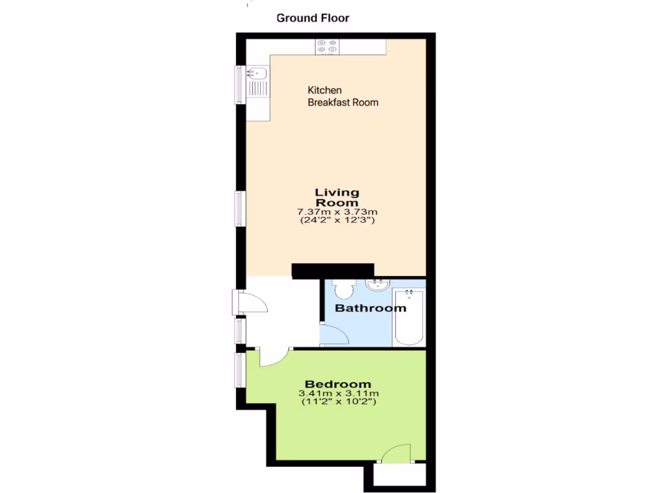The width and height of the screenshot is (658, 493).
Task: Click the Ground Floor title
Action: pos(313,18)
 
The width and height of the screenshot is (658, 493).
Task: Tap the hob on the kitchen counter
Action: pos(327,47)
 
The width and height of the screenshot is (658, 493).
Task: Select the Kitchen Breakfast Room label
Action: pos(342,96)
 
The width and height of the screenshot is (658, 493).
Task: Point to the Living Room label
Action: pos(337,197)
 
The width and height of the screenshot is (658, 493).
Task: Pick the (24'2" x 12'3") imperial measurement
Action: pos(337,220)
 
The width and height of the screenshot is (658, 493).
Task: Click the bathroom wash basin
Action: pos(378,284)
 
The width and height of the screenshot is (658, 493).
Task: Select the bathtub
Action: pos(409,316)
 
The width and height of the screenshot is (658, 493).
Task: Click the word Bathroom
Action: pos(371,308)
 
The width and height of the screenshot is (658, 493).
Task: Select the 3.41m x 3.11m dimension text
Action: pos(338,394)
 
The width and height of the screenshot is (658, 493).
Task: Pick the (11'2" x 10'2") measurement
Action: pos(338,402)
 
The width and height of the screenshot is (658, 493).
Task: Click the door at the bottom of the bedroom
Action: pos(395,453)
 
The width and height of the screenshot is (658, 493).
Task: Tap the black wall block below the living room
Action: pos(332,270)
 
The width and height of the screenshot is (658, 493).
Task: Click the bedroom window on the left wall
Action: pos(239,369)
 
